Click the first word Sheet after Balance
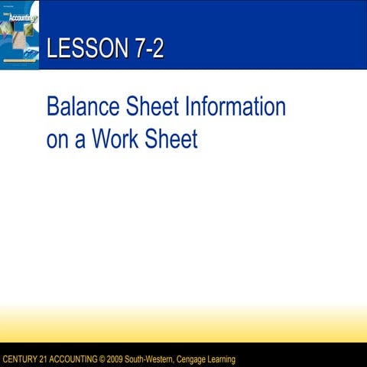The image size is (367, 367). tap(157, 106)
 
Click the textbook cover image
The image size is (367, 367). tap(19, 35)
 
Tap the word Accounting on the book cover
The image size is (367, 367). tap(18, 15)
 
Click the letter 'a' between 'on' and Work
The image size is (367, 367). tap(80, 141)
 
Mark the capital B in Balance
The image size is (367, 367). tap(53, 106)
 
